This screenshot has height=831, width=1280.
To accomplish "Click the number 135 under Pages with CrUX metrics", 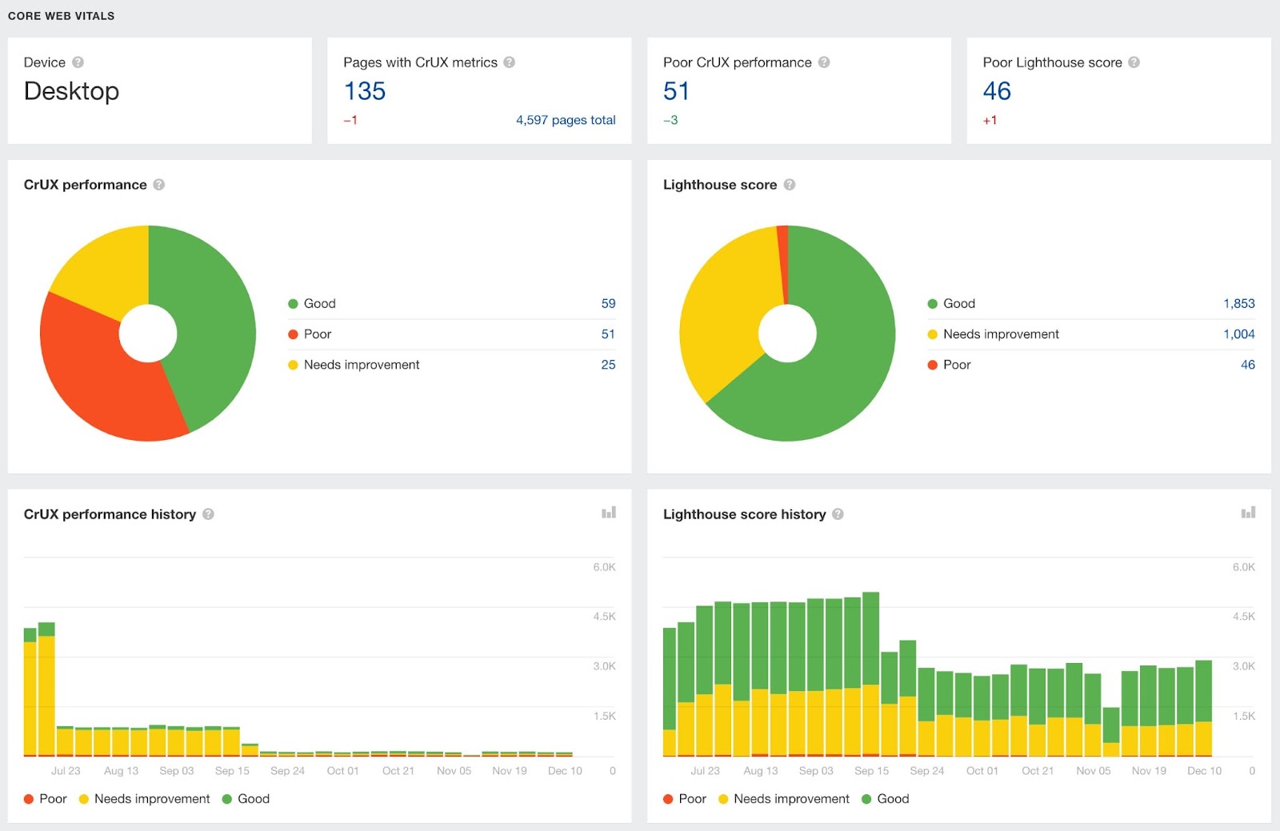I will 365,91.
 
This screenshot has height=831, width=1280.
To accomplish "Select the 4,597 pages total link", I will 565,120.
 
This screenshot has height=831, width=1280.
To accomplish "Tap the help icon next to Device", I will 78,62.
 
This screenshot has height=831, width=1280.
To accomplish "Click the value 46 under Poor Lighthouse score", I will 997,91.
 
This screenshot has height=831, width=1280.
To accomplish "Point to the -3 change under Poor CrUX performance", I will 670,120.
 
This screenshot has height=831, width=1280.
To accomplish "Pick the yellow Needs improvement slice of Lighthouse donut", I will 720,320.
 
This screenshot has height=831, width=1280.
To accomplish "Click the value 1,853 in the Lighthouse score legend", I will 1238,304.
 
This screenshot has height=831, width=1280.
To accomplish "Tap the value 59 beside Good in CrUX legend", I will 608,304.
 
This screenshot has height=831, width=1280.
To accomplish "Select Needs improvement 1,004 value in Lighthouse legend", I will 1238,334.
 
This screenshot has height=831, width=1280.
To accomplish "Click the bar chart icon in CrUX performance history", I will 609,513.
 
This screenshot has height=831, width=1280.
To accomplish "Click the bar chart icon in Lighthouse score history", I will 1248,513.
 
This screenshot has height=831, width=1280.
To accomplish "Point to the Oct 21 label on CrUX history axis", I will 398,771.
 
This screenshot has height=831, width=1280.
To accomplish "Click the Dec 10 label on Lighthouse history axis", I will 1204,771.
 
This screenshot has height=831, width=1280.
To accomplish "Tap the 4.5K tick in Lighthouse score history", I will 1243,617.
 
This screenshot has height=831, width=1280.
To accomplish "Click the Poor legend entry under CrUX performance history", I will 46,799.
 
